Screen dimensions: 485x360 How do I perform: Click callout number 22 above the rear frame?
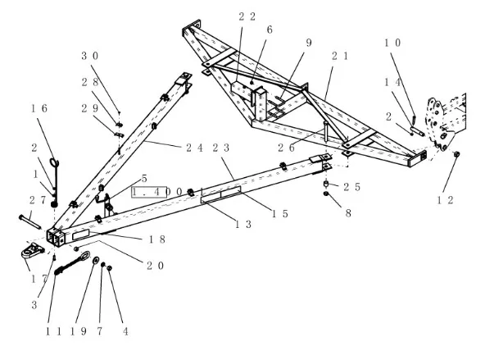point(247,16)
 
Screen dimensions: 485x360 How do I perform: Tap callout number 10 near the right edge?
point(392,43)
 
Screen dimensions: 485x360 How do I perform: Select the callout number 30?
point(90,56)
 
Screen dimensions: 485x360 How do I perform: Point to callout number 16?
point(39,108)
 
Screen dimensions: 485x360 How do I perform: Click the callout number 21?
point(341,56)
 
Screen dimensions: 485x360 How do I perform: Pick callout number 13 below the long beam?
point(244,224)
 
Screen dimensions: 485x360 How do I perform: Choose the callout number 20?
point(156,266)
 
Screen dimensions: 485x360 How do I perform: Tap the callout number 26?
point(287,148)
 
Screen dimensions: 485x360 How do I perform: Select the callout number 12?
point(446,200)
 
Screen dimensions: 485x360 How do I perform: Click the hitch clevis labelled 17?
point(33,250)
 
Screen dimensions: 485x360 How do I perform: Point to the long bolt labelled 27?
point(29,222)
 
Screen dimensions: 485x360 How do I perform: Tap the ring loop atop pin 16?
point(54,162)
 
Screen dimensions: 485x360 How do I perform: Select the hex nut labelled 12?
point(456,154)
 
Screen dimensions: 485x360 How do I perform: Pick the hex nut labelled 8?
point(326,194)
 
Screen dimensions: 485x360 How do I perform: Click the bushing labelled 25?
point(326,184)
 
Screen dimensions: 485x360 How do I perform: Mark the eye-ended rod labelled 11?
point(72,262)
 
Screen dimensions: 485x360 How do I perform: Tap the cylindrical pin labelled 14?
point(417,130)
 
